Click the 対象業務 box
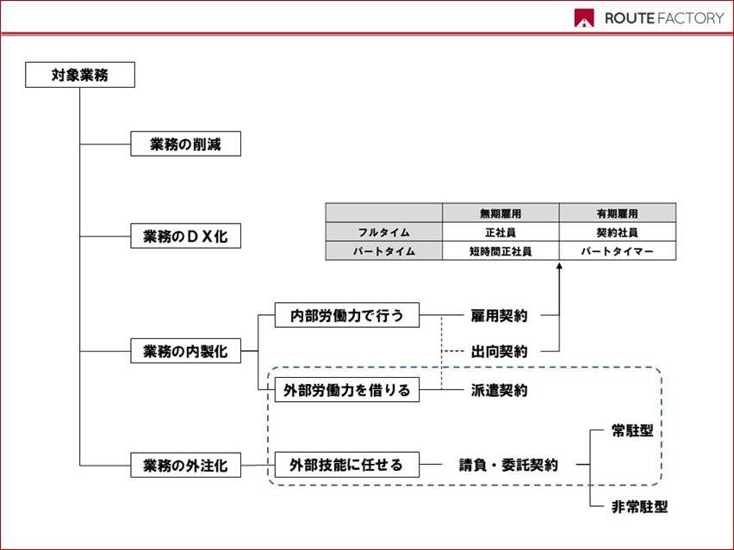coord(80,75)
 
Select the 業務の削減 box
coord(185,144)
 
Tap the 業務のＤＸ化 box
coord(185,236)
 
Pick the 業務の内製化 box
coord(185,351)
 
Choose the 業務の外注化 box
coord(185,466)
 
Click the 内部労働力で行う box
coord(347,315)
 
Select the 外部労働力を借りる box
coord(347,390)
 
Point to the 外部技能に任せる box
coord(347,465)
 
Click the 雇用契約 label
coord(499,316)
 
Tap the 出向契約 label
coord(499,351)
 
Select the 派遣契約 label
coord(499,390)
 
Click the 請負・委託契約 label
coord(508,465)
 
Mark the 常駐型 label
coord(632,430)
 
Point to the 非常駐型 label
coord(639,506)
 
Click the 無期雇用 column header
coord(501,213)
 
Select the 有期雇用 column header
coord(618,213)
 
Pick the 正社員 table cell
coord(501,232)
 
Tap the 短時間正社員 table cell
coord(501,251)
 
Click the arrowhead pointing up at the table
coord(559,266)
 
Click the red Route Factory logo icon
coord(584,18)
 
